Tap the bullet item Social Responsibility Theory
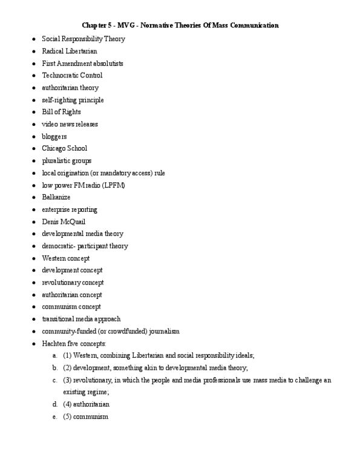pos(83,39)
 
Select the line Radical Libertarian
pos(70,51)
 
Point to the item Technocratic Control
pos(72,75)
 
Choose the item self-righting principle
pos(73,100)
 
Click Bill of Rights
pos(61,112)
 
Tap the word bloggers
pos(54,136)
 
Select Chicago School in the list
pos(65,148)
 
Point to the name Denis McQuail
pos(64,222)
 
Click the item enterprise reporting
pos(70,209)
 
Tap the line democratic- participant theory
pos(85,246)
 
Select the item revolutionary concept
pos(73,283)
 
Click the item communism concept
pos(71,307)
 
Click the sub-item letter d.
pos(55,404)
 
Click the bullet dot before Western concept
pos(34,258)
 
